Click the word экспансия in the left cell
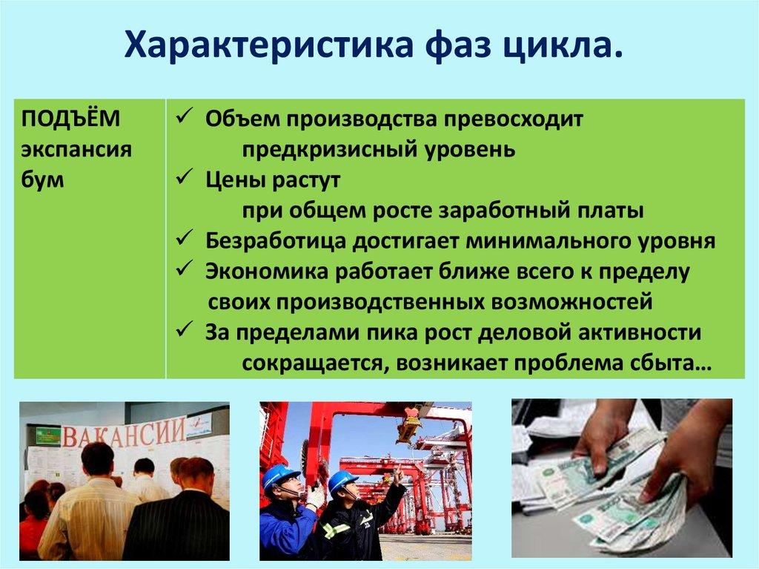click(x=76, y=149)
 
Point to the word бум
click(x=43, y=180)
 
